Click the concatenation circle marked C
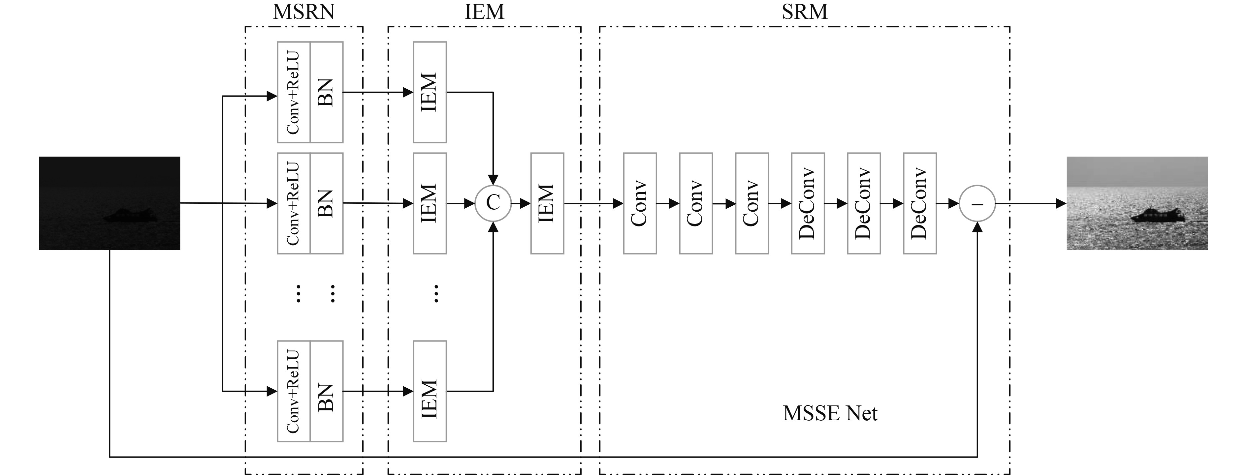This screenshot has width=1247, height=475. [x=493, y=203]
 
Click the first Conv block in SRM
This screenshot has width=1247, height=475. [x=639, y=203]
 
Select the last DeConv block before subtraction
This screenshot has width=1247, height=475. [x=919, y=203]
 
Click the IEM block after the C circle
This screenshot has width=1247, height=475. [x=547, y=203]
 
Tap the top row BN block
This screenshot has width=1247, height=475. [x=326, y=92]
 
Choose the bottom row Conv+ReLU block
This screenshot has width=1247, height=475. [x=293, y=391]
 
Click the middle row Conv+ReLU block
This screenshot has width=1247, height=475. [x=293, y=203]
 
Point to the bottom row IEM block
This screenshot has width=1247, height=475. [x=430, y=391]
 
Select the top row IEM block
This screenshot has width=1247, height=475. [x=430, y=92]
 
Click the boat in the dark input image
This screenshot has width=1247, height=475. [x=130, y=215]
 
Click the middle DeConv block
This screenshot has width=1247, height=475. [x=864, y=203]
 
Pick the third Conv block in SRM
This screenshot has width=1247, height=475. [x=751, y=203]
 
